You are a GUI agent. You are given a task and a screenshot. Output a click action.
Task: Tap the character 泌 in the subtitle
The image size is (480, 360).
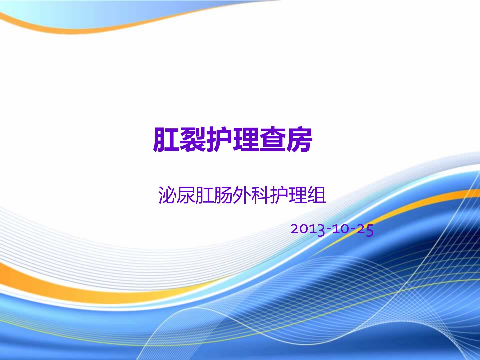[167, 195]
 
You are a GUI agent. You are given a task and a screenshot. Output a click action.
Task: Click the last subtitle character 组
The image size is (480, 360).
[317, 195]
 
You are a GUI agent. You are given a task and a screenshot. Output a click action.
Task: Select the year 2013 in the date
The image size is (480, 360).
[308, 230]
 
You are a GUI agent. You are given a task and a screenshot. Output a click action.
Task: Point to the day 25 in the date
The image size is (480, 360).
[365, 230]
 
